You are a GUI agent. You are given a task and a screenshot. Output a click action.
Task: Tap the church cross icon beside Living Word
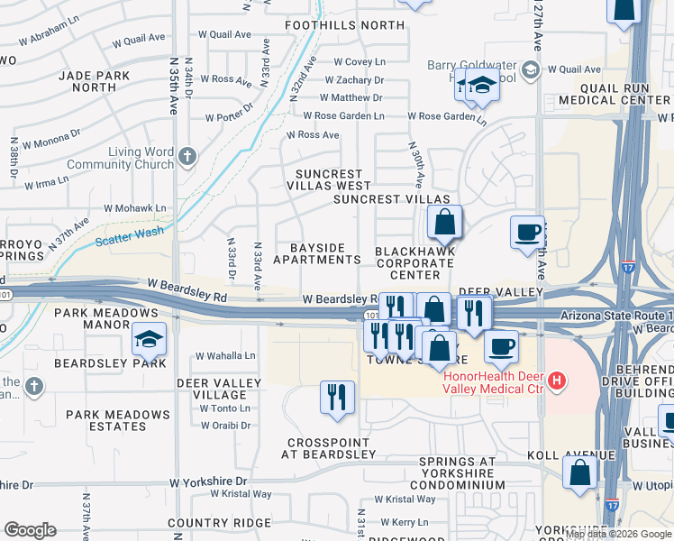click(187, 158)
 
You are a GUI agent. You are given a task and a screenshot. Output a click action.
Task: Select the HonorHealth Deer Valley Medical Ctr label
click(495, 382)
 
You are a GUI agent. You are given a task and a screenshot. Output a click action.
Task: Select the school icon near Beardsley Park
click(149, 340)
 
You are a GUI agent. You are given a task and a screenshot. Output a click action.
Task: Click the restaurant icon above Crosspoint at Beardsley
click(338, 397)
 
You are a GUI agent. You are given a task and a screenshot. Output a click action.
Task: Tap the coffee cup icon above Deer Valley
click(527, 232)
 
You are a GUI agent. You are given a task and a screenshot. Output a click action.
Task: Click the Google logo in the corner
click(30, 530)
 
